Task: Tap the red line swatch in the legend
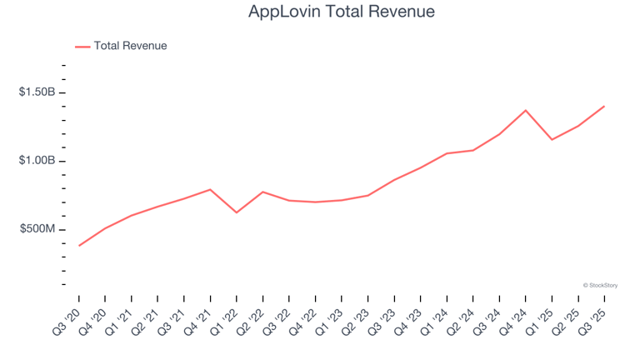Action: (82, 47)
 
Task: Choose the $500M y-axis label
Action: (38, 229)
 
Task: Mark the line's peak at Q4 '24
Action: (525, 110)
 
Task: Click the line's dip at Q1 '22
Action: (237, 212)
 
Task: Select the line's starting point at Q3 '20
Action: (79, 246)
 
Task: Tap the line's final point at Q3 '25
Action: (604, 106)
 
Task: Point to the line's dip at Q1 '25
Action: (551, 139)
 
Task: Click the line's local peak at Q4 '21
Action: (210, 189)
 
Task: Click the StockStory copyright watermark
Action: (600, 285)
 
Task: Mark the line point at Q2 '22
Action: (262, 192)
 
